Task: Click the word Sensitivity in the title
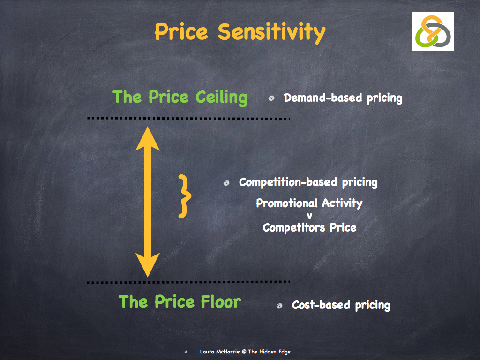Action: pyautogui.click(x=271, y=32)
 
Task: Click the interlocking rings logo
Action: pyautogui.click(x=433, y=31)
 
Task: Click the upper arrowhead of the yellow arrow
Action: pyautogui.click(x=148, y=139)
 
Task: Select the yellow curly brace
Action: pyautogui.click(x=185, y=196)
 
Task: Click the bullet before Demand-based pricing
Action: pyautogui.click(x=271, y=98)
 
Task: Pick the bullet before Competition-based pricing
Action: pyautogui.click(x=226, y=183)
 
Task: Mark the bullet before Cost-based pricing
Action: pyautogui.click(x=279, y=306)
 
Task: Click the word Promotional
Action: pyautogui.click(x=288, y=203)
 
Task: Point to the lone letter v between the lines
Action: pyautogui.click(x=309, y=216)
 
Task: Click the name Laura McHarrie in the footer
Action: pyautogui.click(x=219, y=352)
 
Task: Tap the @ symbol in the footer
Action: pyautogui.click(x=244, y=352)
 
